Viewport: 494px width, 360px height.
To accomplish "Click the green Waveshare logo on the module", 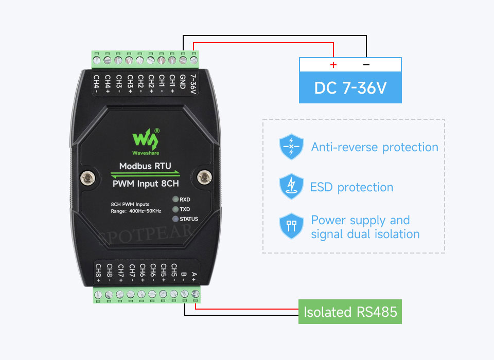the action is (146, 141).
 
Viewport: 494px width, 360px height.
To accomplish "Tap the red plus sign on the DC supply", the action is (333, 65).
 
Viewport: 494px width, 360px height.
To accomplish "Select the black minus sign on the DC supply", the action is (366, 65).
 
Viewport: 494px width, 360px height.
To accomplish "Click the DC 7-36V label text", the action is (350, 88).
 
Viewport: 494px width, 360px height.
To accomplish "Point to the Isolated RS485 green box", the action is (350, 312).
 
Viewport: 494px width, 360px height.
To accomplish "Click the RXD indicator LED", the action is (175, 199).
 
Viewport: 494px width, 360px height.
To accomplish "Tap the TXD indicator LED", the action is (175, 209).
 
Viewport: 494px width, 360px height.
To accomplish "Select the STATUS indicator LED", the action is (175, 219).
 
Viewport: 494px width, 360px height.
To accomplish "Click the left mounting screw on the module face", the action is (87, 178).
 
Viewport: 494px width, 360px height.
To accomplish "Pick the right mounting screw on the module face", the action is (204, 177).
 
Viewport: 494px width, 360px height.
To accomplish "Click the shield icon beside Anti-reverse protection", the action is (291, 147).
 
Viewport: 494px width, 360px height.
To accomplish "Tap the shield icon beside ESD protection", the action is (291, 187).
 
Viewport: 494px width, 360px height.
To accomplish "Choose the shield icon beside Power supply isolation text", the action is (291, 226).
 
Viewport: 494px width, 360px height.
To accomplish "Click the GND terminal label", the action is (182, 82).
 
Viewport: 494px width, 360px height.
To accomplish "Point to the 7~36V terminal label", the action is (193, 84).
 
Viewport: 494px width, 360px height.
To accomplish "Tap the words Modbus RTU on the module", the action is (145, 166).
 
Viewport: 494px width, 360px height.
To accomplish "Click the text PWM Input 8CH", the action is (146, 184).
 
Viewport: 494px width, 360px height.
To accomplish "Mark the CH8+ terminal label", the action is (98, 273).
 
